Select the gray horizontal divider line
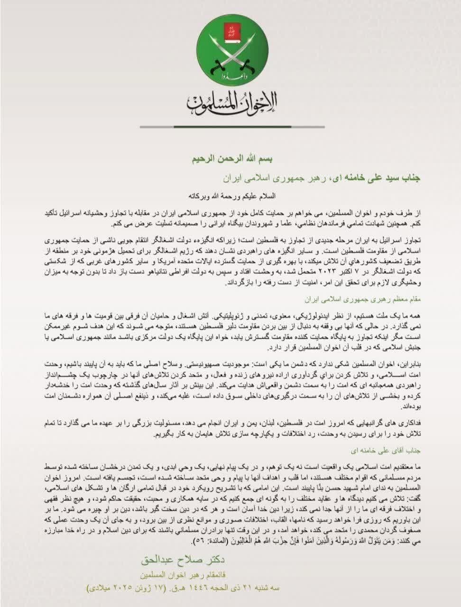coord(232,127)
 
